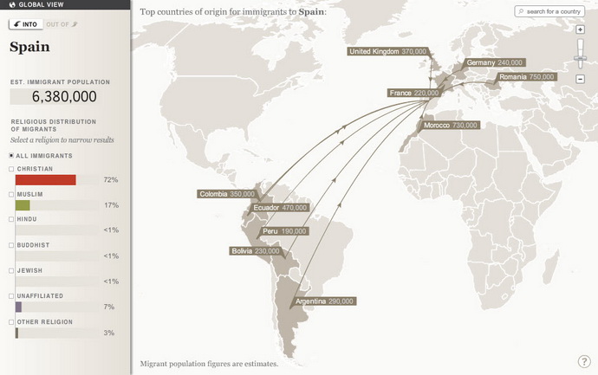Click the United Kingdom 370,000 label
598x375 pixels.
point(388,52)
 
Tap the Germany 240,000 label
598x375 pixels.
point(495,63)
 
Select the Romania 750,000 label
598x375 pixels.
point(525,78)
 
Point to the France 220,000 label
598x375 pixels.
point(414,93)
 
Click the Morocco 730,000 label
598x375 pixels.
point(451,126)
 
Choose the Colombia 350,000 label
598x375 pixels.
point(227,194)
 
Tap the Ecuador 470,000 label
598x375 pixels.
point(280,208)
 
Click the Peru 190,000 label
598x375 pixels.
point(283,232)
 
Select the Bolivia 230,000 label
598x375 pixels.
point(255,251)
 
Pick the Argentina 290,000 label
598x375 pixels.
point(324,301)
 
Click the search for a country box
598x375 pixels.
point(549,11)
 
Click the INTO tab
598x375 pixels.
point(25,23)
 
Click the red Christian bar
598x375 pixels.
point(46,180)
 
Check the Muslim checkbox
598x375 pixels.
point(12,194)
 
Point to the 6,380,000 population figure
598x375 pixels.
point(54,96)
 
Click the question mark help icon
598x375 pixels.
point(584,361)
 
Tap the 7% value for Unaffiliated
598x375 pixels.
point(109,307)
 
